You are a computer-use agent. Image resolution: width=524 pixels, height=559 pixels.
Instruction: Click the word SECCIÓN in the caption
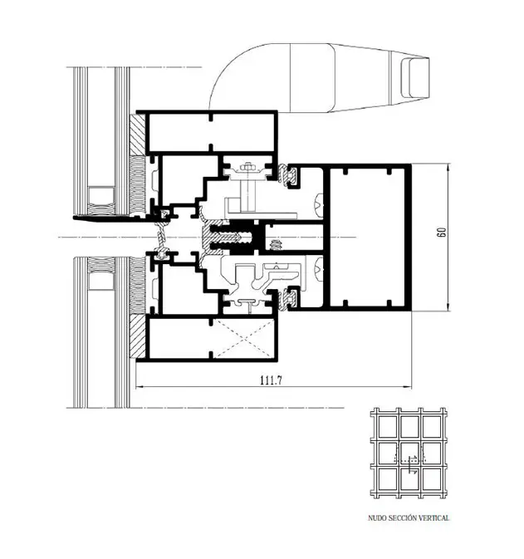401,517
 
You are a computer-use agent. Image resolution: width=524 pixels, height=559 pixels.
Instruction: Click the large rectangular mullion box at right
366,238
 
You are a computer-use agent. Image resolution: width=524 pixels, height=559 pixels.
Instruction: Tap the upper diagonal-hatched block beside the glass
137,138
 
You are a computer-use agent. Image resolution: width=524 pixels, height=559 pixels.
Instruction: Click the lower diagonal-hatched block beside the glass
137,336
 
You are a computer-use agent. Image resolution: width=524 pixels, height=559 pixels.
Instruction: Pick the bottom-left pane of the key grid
384,478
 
